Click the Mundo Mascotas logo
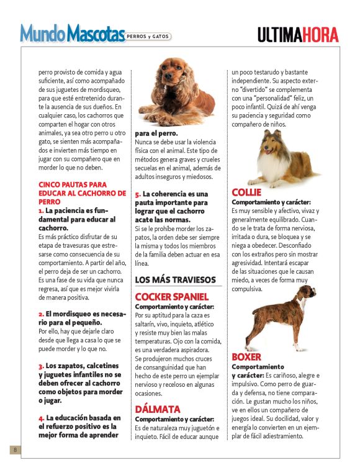click(72, 33)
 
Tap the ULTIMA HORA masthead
click(298, 35)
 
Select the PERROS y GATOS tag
click(148, 36)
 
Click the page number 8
click(14, 450)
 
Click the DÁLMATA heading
click(158, 409)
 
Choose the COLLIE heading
click(246, 192)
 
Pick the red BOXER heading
click(246, 357)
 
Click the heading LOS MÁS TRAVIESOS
click(176, 280)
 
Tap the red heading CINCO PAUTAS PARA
click(73, 185)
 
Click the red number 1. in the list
click(41, 211)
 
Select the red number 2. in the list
click(41, 314)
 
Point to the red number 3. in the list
click(41, 366)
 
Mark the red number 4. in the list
click(41, 418)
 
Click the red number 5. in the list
click(138, 194)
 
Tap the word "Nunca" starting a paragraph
click(145, 142)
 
